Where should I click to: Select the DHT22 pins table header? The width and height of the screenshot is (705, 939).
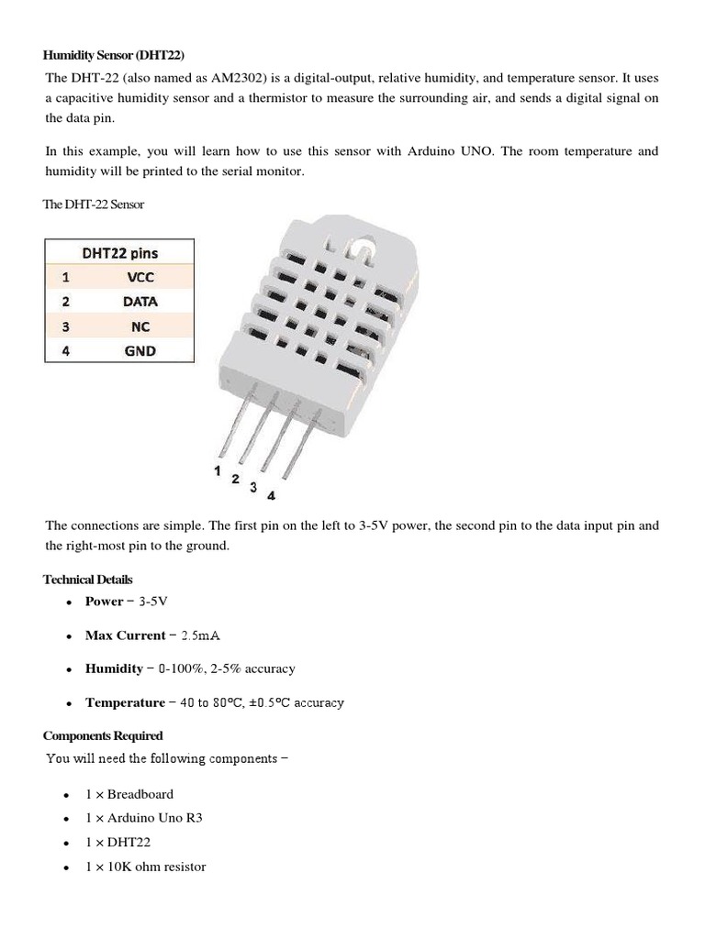pos(119,253)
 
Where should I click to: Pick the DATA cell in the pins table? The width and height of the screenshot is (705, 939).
pos(140,302)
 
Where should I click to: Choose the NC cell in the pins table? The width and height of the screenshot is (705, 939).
pos(140,326)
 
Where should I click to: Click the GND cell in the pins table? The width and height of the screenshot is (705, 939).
pos(140,350)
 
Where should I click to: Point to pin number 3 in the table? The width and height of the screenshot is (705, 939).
pos(65,326)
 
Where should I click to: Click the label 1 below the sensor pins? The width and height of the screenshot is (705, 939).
pos(218,470)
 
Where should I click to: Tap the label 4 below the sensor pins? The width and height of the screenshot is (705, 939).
pos(271,496)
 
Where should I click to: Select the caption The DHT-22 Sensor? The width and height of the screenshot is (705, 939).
pos(94,204)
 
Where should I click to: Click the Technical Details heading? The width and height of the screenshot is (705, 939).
pos(88,580)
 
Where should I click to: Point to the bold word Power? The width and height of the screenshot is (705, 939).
pos(104,602)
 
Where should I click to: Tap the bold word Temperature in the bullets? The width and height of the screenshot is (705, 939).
pos(125,702)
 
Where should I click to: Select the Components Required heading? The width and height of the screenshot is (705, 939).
pos(103,735)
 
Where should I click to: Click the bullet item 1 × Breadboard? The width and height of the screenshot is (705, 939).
pos(129,794)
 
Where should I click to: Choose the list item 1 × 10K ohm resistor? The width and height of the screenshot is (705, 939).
pos(145,867)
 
